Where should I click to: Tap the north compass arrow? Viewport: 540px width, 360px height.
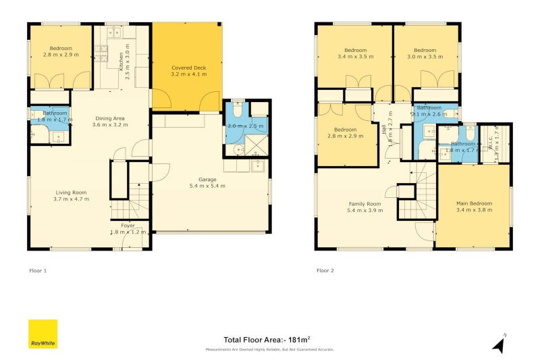(499, 344)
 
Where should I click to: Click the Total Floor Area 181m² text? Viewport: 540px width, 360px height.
(267, 340)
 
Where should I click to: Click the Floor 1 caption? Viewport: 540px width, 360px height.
(38, 270)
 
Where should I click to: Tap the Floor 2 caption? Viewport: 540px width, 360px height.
(325, 270)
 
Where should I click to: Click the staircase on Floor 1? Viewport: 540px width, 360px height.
(138, 197)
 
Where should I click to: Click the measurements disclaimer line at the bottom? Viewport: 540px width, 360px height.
(270, 350)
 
